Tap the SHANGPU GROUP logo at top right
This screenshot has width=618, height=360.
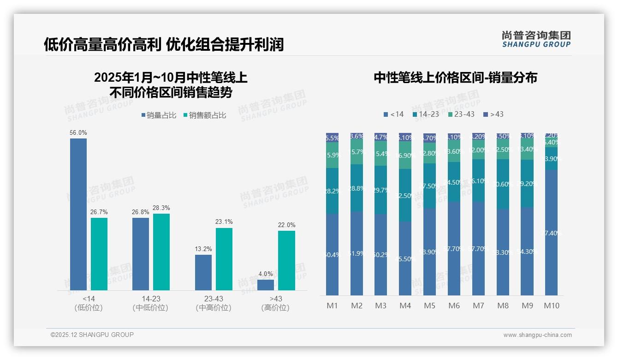click(536, 39)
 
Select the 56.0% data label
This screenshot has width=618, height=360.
click(78, 132)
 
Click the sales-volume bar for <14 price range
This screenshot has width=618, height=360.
click(78, 214)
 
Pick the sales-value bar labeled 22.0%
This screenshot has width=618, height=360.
click(286, 260)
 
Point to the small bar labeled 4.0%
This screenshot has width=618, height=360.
click(266, 285)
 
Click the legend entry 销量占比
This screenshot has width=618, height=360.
click(159, 115)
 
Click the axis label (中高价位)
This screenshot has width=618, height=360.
click(213, 308)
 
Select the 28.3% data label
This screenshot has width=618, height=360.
click(161, 208)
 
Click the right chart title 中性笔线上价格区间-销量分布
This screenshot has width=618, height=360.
click(455, 78)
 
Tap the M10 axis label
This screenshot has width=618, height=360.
click(552, 306)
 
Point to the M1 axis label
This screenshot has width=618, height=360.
click(332, 306)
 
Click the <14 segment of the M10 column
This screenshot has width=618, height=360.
click(552, 233)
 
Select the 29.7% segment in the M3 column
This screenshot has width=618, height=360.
click(380, 190)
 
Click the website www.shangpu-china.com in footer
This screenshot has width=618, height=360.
click(537, 335)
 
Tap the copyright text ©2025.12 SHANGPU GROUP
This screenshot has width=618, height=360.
click(92, 335)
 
